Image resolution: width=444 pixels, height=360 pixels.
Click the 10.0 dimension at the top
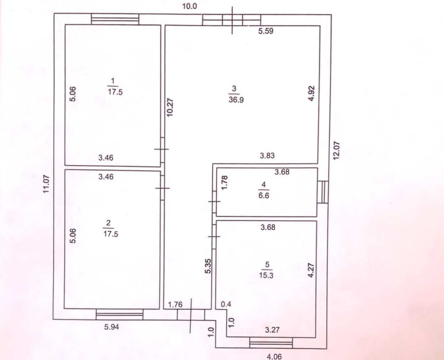click(x=189, y=7)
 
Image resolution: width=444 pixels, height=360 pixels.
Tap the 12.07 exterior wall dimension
click(x=336, y=151)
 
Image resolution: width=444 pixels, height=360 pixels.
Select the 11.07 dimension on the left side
click(x=46, y=184)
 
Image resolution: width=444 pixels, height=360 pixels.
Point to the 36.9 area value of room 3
click(x=236, y=100)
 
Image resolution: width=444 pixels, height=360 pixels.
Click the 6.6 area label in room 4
click(x=264, y=195)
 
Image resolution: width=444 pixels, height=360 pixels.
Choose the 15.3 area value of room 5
click(x=266, y=275)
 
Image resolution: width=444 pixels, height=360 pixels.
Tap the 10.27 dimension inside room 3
click(x=170, y=107)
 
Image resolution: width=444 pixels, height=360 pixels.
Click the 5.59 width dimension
click(x=266, y=31)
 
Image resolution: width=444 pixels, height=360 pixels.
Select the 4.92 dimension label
click(x=311, y=93)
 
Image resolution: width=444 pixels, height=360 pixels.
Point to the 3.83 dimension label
click(x=267, y=156)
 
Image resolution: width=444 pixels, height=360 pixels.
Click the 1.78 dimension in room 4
click(x=225, y=183)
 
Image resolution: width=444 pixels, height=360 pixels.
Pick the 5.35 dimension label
click(x=208, y=266)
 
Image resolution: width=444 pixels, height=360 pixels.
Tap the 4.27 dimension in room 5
click(x=310, y=270)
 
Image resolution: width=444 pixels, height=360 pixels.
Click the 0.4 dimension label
click(x=226, y=304)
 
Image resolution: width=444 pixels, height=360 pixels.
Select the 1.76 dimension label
click(x=175, y=305)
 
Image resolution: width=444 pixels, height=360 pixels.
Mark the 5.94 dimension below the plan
click(x=111, y=327)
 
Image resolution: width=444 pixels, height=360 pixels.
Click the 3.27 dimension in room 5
click(x=272, y=330)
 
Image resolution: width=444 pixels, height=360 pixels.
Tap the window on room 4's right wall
click(x=323, y=192)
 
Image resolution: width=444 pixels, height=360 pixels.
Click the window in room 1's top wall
click(x=115, y=19)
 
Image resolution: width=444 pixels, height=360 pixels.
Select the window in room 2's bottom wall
click(x=119, y=315)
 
